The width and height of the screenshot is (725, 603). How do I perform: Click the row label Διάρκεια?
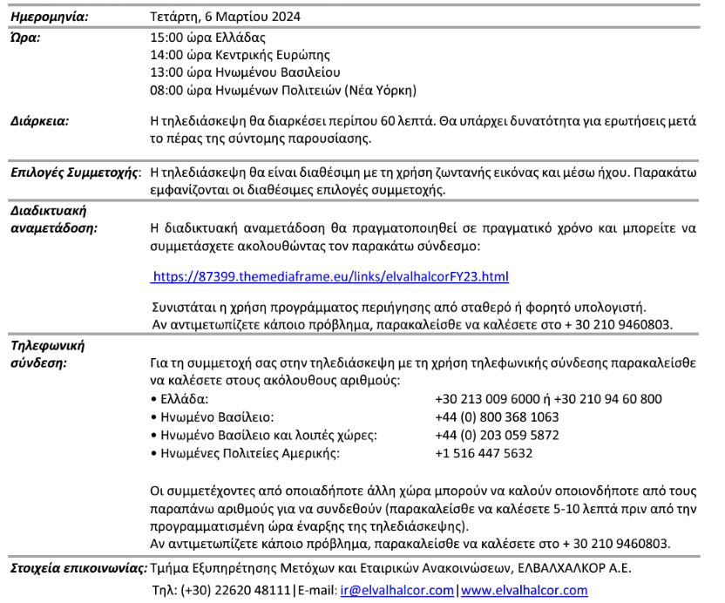pyautogui.click(x=39, y=121)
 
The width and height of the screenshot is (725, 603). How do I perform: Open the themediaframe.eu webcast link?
pyautogui.click(x=329, y=277)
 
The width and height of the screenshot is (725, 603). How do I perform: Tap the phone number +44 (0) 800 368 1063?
pyautogui.click(x=496, y=417)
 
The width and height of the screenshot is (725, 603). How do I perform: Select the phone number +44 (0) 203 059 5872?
pyautogui.click(x=496, y=435)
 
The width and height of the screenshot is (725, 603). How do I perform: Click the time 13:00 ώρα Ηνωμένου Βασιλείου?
pyautogui.click(x=245, y=72)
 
